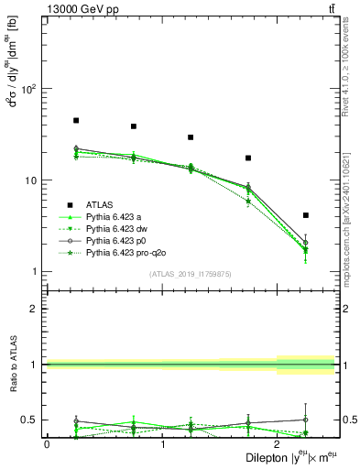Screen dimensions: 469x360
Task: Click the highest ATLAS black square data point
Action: point(76,120)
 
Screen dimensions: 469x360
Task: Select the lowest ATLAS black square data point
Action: point(305,215)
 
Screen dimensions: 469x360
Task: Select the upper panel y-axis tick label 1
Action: point(34,272)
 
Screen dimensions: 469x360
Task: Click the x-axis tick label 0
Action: point(47,443)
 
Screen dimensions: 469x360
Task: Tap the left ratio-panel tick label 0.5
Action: point(29,420)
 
